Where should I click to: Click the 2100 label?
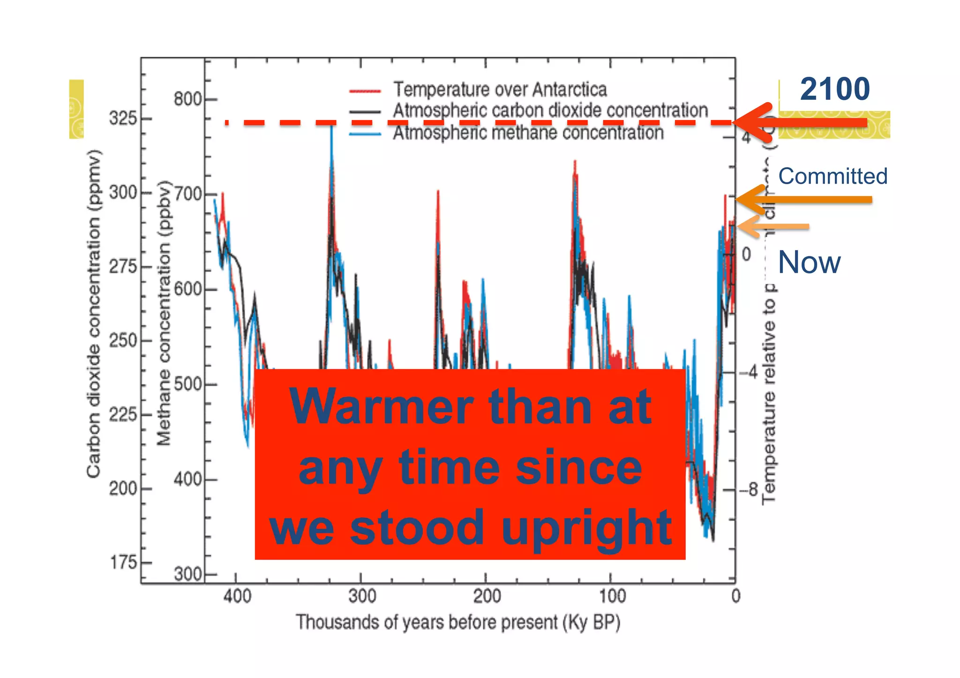834,89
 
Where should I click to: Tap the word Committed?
833,176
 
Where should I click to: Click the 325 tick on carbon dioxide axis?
123,118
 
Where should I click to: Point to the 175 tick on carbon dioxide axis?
123,562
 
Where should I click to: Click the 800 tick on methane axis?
187,99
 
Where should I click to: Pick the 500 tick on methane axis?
187,384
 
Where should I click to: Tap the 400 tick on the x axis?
236,596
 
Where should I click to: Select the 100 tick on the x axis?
611,596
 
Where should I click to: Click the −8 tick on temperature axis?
749,490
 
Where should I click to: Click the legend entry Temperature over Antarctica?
500,89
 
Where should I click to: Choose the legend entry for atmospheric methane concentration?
528,133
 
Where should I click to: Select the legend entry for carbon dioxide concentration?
550,111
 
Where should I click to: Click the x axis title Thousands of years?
458,622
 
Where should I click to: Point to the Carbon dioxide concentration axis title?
94,314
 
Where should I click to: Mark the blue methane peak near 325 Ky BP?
331,129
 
